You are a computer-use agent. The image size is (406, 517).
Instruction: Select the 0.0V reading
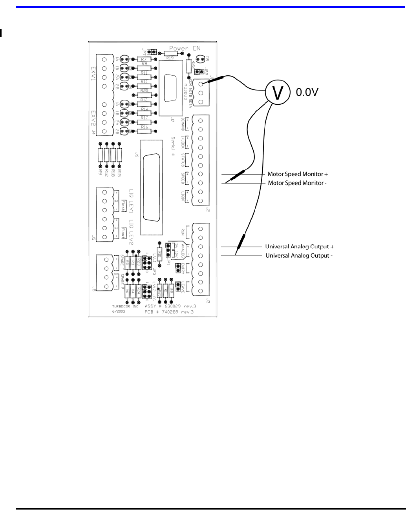tap(307, 93)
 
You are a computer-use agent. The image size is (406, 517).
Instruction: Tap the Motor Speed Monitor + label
tap(297, 174)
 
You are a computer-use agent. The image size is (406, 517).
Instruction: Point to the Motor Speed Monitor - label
tap(297, 183)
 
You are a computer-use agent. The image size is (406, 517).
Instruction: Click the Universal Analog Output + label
tap(299, 247)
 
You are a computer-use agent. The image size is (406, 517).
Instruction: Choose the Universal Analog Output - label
tap(299, 256)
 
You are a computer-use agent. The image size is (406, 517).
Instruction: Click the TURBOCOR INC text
tap(124, 306)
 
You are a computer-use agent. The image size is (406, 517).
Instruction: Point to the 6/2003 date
tap(118, 312)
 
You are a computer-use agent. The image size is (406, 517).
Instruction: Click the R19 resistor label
tap(170, 58)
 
